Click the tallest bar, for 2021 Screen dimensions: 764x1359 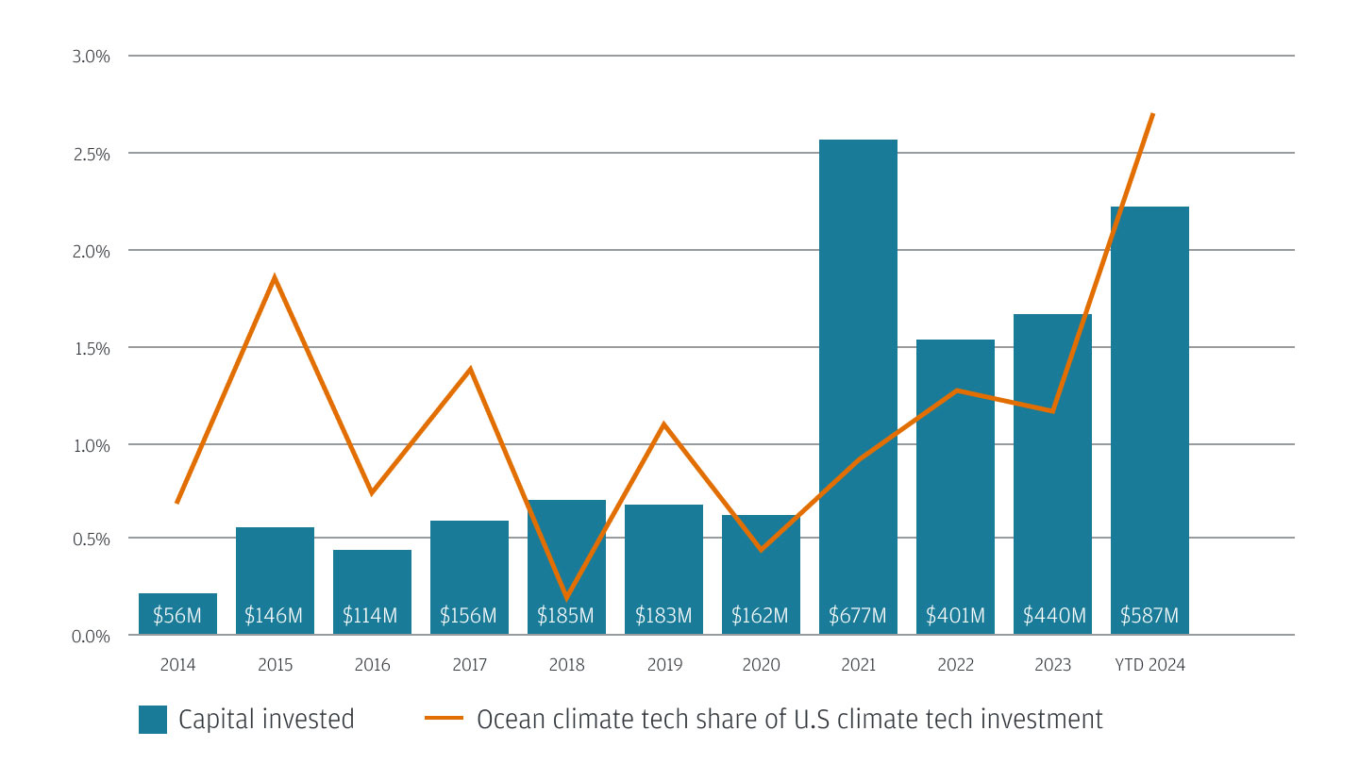coord(858,377)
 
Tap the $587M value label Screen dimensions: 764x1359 coord(1149,617)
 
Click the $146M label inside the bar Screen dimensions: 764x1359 coord(274,617)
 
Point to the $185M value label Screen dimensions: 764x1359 coord(565,617)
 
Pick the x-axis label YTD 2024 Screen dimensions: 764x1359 coord(1149,665)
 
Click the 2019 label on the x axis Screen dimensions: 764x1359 coord(664,665)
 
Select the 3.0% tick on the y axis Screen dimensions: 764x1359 coord(92,57)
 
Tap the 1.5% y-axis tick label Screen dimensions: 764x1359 coord(92,348)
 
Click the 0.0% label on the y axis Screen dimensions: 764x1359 coord(92,636)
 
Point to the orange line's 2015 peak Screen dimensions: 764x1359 coord(275,277)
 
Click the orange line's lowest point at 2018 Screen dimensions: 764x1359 coord(566,598)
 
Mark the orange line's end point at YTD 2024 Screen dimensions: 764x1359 coord(1152,114)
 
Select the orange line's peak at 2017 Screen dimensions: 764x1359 coord(470,369)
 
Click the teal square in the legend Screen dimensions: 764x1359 coord(152,720)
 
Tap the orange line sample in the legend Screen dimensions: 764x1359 coord(444,720)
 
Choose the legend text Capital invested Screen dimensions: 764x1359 coord(266,720)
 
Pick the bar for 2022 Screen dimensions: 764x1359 coord(955,472)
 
